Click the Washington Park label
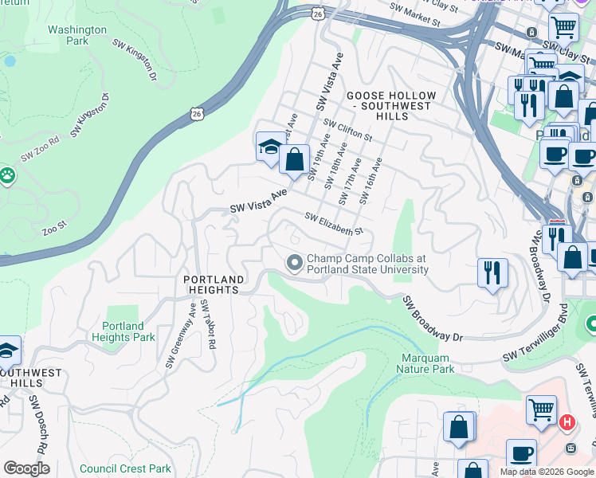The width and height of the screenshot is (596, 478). (x=77, y=35)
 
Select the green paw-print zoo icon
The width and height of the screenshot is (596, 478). (x=9, y=174)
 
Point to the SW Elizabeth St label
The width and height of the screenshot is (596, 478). (x=334, y=224)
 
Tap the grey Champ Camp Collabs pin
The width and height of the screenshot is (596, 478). (x=295, y=262)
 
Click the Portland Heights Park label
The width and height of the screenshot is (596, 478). (x=124, y=331)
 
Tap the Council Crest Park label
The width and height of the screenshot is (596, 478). (x=125, y=469)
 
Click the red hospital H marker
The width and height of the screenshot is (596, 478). (x=567, y=422)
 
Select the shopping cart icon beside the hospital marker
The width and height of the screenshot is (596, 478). (x=541, y=409)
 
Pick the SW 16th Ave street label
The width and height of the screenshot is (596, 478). (x=371, y=181)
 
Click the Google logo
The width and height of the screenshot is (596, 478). (x=26, y=468)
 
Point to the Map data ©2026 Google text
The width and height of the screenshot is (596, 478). (x=547, y=472)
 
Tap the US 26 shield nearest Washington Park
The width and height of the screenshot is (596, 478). (x=198, y=115)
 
